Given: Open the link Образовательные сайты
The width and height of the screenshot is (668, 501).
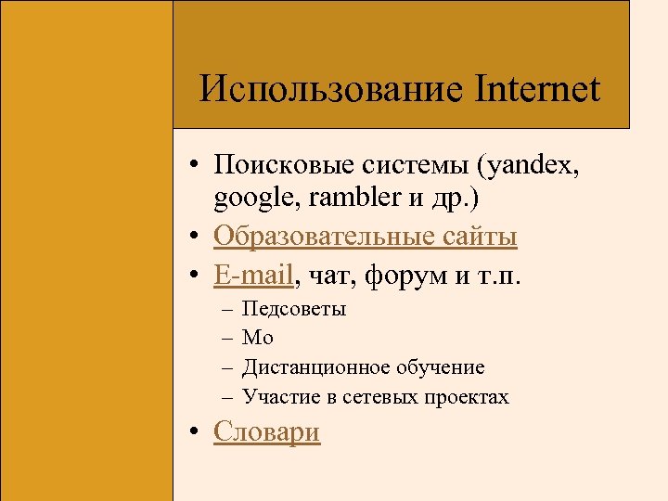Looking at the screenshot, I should click(365, 238).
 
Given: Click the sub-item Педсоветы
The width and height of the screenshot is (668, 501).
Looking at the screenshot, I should click(294, 309).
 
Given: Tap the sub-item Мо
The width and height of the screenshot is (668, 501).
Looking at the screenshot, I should click(258, 339).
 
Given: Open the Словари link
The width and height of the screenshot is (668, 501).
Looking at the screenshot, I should click(266, 432).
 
